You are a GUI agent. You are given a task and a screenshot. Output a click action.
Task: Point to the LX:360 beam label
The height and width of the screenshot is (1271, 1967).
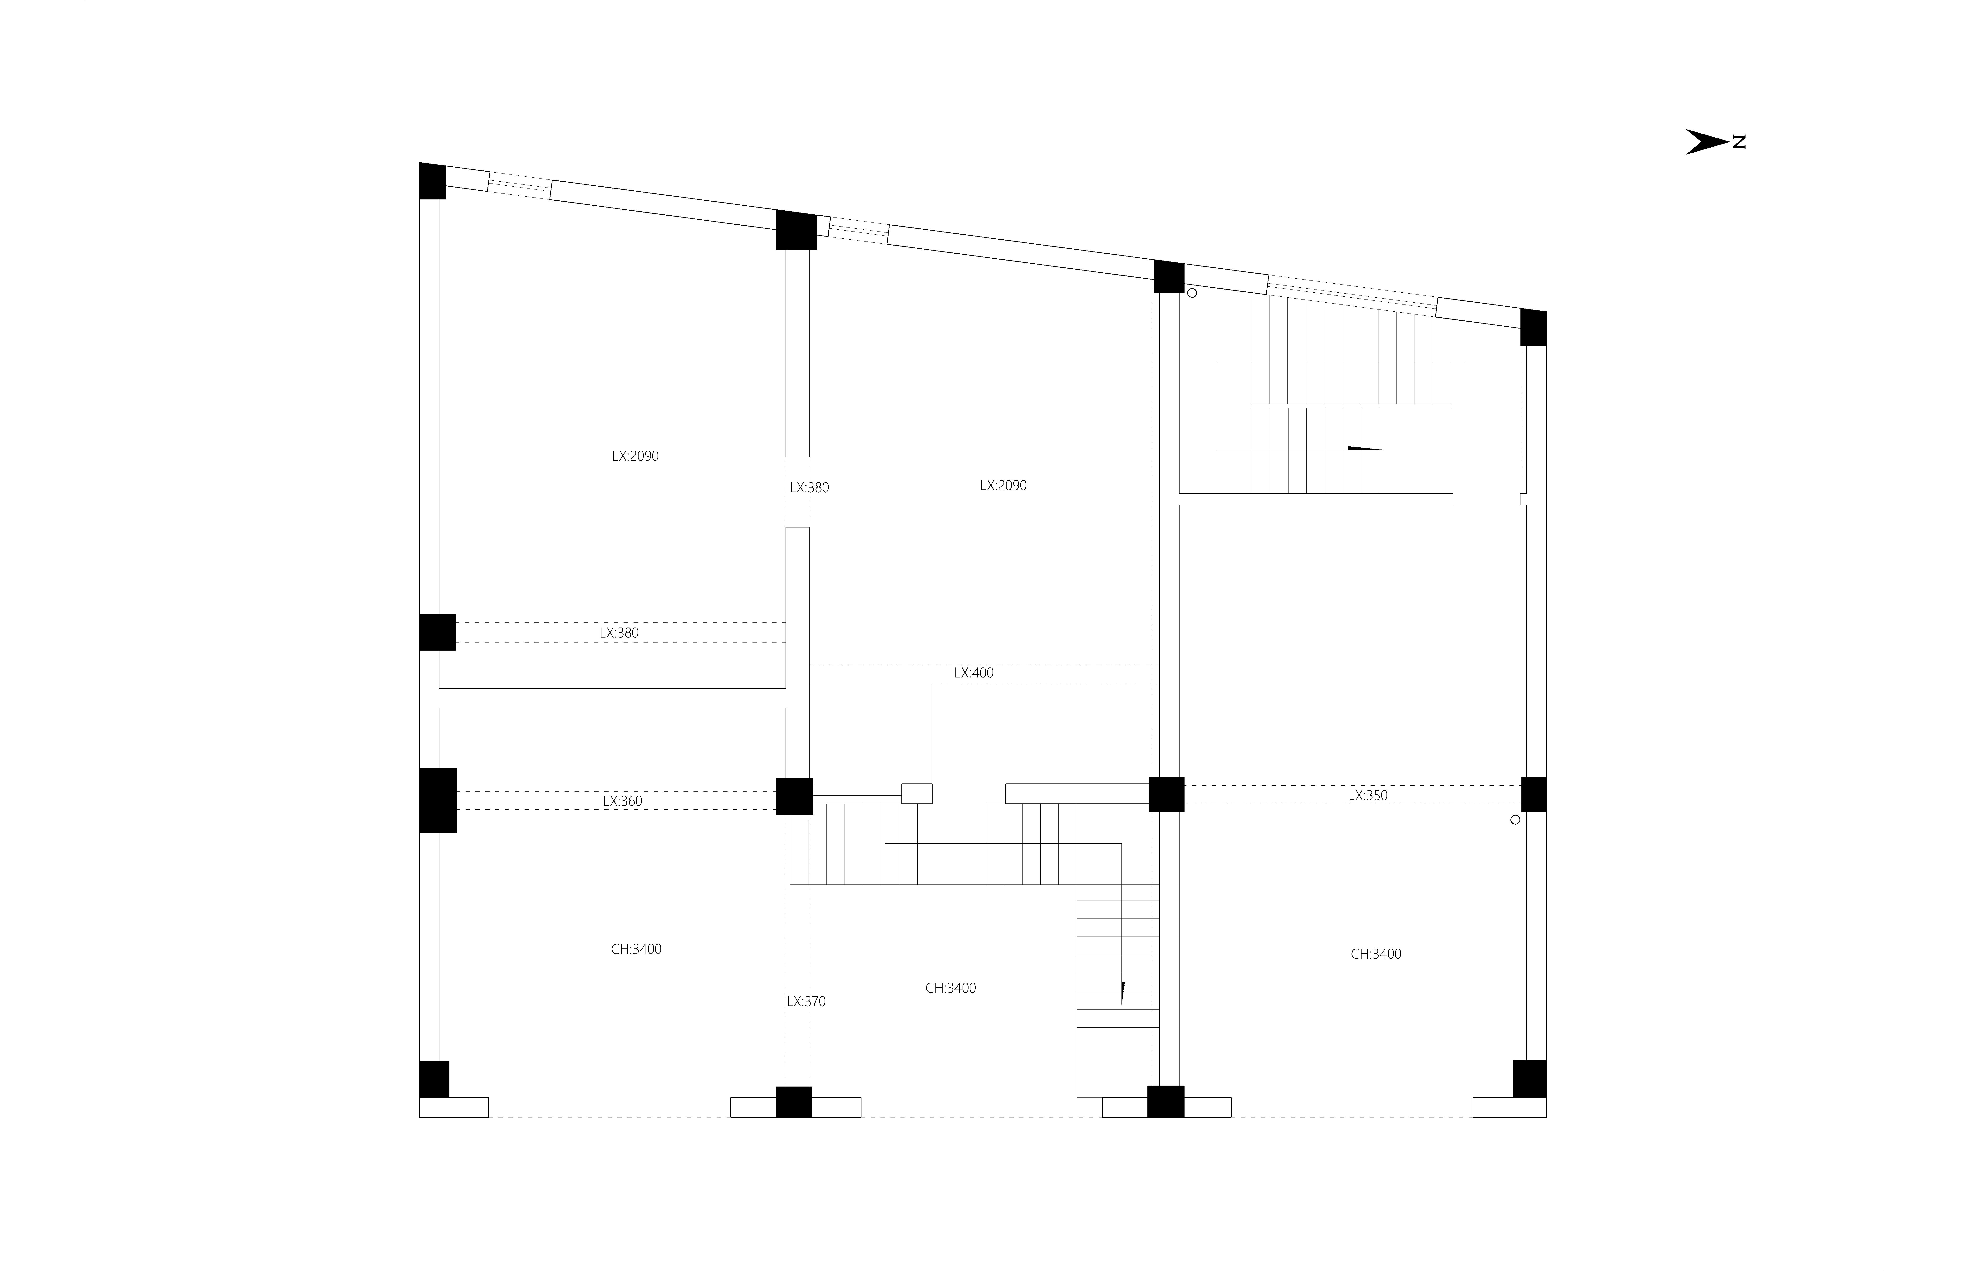[623, 801]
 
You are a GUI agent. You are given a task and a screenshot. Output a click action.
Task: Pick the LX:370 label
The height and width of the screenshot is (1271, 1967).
[806, 1001]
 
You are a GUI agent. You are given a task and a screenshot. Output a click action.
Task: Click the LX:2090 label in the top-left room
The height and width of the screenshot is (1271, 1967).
[635, 456]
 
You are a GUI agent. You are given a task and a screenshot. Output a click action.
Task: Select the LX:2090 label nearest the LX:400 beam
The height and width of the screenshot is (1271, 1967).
[1003, 485]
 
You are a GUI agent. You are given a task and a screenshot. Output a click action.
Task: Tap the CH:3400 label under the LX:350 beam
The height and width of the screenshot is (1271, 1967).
[1376, 954]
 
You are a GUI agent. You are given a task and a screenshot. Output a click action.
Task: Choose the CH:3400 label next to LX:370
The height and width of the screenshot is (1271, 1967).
[950, 988]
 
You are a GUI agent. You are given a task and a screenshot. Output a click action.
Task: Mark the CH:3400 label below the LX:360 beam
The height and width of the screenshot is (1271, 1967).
[636, 949]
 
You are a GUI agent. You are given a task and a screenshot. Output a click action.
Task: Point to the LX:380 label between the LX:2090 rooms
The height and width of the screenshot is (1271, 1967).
[809, 488]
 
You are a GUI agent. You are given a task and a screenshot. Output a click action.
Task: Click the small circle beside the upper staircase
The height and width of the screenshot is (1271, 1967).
[1192, 293]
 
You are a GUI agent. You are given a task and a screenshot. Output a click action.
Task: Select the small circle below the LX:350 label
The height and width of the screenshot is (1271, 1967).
[1515, 820]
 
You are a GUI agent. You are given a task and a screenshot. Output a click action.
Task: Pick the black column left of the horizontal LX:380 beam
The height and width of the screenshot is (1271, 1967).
[438, 632]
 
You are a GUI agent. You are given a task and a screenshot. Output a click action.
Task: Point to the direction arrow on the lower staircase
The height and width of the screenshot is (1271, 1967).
[1122, 992]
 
